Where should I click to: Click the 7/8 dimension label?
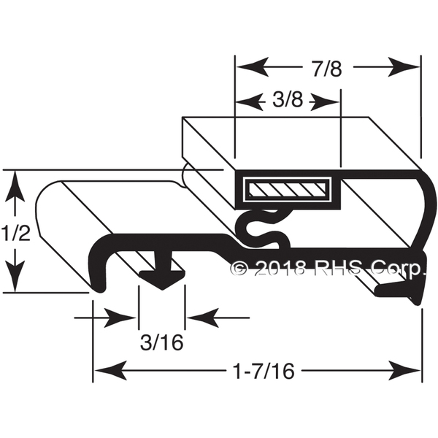click(327, 69)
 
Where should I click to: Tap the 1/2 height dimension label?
click(15, 234)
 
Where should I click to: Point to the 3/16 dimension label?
click(162, 342)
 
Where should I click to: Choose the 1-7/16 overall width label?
click(264, 372)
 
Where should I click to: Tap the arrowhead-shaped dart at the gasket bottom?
click(162, 280)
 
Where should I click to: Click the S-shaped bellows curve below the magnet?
click(264, 228)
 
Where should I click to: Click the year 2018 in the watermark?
click(281, 269)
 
